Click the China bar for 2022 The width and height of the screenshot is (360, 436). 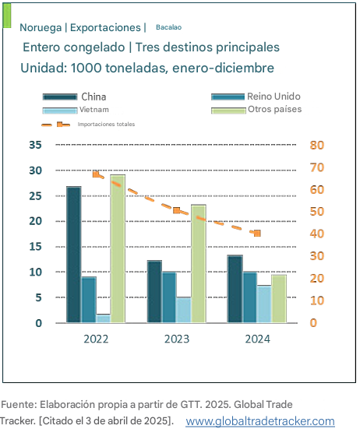(x=74, y=255)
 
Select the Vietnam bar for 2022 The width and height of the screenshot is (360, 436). (x=103, y=318)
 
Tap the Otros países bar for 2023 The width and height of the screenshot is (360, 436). (x=199, y=264)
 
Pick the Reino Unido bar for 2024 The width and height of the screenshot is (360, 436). (x=249, y=297)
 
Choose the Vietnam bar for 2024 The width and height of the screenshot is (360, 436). (x=264, y=304)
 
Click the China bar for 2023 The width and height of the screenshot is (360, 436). (x=154, y=292)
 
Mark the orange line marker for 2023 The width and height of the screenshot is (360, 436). (x=177, y=210)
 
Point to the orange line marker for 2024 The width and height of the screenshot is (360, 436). (x=257, y=234)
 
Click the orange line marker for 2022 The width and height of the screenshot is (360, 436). (x=96, y=174)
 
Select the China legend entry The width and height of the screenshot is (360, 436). (x=74, y=97)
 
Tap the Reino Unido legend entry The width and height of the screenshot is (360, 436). (x=256, y=97)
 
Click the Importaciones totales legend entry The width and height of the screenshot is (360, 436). (x=88, y=125)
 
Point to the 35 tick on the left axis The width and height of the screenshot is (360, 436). (x=35, y=145)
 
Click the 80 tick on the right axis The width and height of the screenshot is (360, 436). (x=317, y=145)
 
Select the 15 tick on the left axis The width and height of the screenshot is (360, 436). (x=35, y=247)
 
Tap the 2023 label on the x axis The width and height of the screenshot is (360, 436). (x=177, y=339)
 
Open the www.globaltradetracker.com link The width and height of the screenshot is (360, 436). (x=260, y=421)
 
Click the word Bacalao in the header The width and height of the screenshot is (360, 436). (x=168, y=27)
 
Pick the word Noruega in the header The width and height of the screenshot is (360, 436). (x=41, y=27)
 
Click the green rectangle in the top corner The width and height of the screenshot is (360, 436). (x=7, y=16)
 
